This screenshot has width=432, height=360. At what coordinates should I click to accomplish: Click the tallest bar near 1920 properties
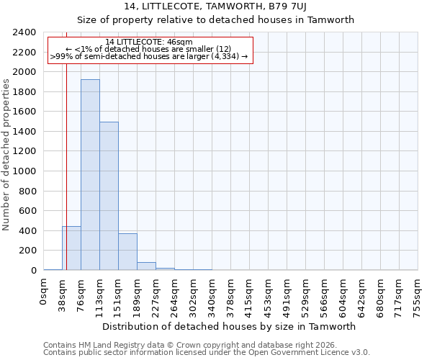[x=90, y=175]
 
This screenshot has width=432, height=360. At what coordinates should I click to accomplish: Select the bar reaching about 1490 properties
[x=109, y=196]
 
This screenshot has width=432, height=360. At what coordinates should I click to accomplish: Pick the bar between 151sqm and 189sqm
[x=127, y=252]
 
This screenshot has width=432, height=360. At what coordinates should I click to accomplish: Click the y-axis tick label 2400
[x=24, y=32]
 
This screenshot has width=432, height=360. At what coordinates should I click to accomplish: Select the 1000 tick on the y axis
[x=24, y=171]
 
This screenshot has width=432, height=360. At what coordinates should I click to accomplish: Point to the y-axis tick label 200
[x=27, y=251]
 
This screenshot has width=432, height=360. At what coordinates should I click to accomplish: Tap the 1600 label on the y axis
[x=24, y=112]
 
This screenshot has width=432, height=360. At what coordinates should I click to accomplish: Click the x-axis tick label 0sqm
[x=44, y=292]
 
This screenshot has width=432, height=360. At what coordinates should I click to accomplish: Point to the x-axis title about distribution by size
[x=229, y=326]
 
